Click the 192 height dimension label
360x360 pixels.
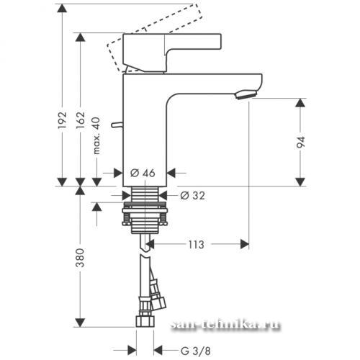(x=62, y=120)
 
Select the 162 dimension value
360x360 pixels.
(x=81, y=120)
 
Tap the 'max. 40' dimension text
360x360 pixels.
(x=96, y=135)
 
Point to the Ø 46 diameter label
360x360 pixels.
(x=143, y=173)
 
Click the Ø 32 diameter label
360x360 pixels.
(x=193, y=196)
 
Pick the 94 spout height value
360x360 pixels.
(x=301, y=142)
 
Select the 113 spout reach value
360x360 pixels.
(x=196, y=245)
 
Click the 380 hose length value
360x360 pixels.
(x=80, y=258)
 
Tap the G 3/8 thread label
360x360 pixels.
(x=196, y=351)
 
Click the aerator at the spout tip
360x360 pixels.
(x=246, y=94)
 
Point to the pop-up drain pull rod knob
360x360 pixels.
(x=117, y=125)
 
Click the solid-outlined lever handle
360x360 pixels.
(x=172, y=53)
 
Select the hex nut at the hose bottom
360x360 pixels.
(x=145, y=321)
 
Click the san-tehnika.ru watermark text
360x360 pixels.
(x=225, y=325)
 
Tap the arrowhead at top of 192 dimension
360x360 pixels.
(x=63, y=9)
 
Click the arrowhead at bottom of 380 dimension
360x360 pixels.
(x=80, y=323)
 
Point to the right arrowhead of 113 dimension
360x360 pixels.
(x=245, y=244)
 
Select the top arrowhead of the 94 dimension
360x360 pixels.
(x=300, y=103)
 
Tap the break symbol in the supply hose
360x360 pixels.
(x=145, y=252)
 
